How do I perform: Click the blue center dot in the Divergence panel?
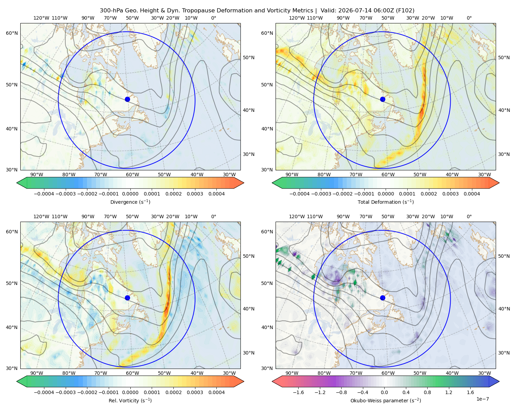(x=127, y=99)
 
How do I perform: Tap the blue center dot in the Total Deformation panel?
(x=383, y=99)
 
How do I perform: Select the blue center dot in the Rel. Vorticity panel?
(x=127, y=298)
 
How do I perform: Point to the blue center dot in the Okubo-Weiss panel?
(x=383, y=298)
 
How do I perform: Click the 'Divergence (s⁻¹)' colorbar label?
(x=130, y=202)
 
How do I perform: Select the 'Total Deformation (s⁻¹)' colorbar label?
(x=386, y=202)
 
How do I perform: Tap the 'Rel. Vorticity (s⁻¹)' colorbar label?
(x=130, y=401)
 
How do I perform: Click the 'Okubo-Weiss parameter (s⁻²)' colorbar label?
(x=386, y=401)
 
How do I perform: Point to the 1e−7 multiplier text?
(x=482, y=399)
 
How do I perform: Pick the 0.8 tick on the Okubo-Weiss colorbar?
(x=427, y=392)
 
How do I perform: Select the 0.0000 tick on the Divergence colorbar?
(x=130, y=194)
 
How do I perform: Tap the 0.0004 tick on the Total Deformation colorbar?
(x=472, y=194)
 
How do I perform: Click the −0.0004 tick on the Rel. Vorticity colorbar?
(x=44, y=392)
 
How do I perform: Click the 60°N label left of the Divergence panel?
(x=12, y=33)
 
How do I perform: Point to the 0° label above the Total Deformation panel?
(x=469, y=18)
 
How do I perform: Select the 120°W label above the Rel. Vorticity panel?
(x=41, y=216)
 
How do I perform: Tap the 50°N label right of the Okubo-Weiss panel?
(x=504, y=256)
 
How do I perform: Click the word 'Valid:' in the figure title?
(x=329, y=10)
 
